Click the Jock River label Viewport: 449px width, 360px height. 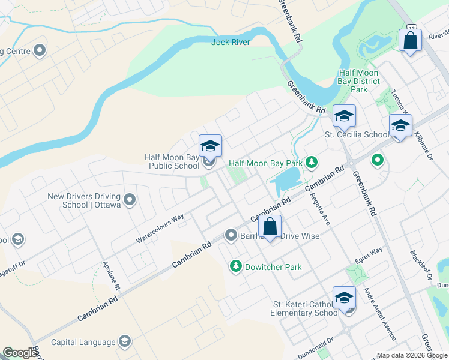coord(231,42)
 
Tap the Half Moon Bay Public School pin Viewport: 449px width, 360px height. coord(210,146)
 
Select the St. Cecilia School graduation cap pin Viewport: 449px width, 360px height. coord(344,116)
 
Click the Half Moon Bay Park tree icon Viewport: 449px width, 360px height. coord(311,162)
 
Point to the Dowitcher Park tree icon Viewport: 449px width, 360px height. coord(236,266)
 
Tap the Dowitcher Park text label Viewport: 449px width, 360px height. coord(273,267)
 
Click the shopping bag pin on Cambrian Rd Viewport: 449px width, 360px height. coord(270,227)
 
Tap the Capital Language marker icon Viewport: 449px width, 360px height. coord(125,342)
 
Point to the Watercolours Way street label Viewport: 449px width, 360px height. coord(160,229)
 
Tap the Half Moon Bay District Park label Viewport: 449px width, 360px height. coord(359,81)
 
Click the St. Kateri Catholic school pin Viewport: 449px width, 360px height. coord(345,297)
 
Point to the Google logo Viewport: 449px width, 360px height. coord(19,353)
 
